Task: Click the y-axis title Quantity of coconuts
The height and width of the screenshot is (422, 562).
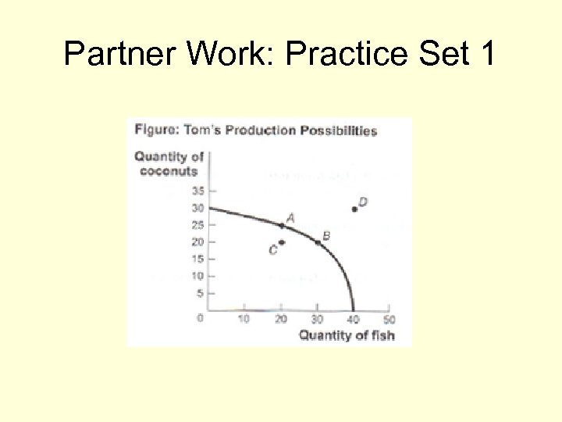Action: [169, 164]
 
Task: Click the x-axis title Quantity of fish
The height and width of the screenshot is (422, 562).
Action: [347, 336]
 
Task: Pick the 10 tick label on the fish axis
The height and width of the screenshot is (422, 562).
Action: [244, 319]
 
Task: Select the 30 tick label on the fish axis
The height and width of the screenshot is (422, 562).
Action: [317, 319]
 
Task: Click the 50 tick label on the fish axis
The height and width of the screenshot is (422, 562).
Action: [388, 319]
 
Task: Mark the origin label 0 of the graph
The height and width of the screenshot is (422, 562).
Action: [200, 318]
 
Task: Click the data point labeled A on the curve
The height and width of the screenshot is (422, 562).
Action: [282, 226]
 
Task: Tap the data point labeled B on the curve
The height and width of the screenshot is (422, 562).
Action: [318, 242]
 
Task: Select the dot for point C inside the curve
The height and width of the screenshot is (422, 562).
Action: [281, 242]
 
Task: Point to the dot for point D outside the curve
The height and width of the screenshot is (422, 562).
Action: [354, 209]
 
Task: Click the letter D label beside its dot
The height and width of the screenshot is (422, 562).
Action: [363, 202]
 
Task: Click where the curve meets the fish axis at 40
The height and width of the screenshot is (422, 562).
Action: [353, 309]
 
